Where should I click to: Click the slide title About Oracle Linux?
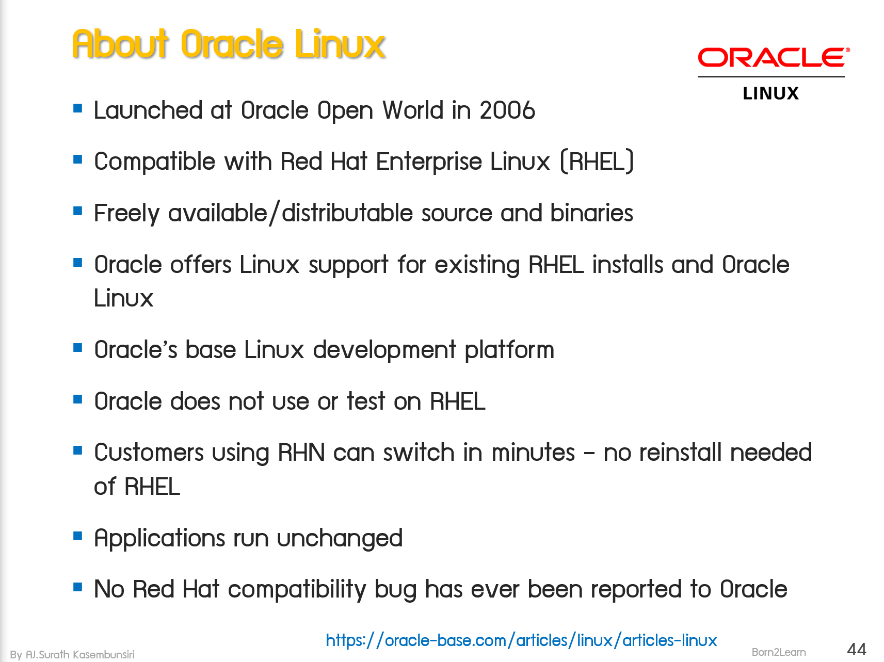tap(229, 44)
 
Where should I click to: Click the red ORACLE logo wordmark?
tap(773, 58)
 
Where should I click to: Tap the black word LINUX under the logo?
tap(770, 93)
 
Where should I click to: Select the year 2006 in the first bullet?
tap(507, 110)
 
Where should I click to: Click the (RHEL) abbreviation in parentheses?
tap(597, 162)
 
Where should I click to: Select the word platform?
tap(509, 350)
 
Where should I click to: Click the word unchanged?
tap(340, 539)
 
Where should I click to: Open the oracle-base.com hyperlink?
tap(521, 640)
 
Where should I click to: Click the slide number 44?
tap(857, 649)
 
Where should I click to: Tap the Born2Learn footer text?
tap(778, 652)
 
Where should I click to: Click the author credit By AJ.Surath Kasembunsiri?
tap(72, 654)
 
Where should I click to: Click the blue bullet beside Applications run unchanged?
tap(78, 536)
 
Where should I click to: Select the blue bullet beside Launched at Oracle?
tap(78, 108)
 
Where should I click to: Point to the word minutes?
tap(533, 453)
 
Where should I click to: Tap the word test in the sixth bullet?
tap(366, 401)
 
